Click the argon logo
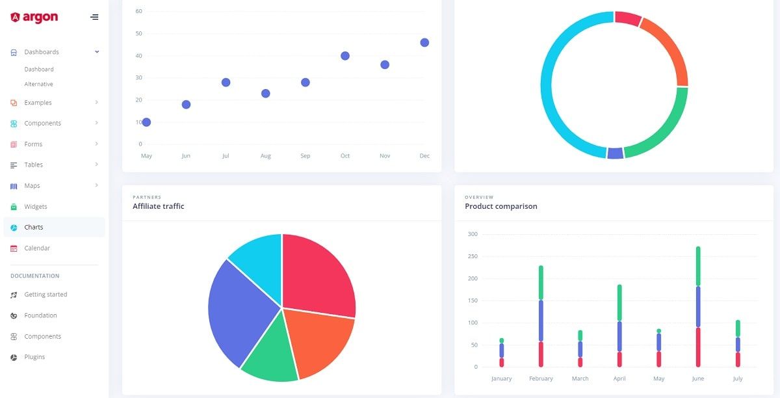[34, 18]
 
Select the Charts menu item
[34, 227]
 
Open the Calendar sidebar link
[37, 248]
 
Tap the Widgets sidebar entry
[36, 206]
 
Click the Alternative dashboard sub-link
[39, 84]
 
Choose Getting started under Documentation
[45, 295]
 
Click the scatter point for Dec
[424, 42]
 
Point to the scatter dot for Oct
[345, 56]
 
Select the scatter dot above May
[146, 122]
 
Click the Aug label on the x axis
[265, 156]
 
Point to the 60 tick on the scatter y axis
[138, 11]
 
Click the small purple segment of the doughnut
[615, 153]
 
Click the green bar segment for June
[698, 266]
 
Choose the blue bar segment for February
[541, 320]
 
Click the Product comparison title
[500, 206]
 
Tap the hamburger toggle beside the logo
[95, 17]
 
